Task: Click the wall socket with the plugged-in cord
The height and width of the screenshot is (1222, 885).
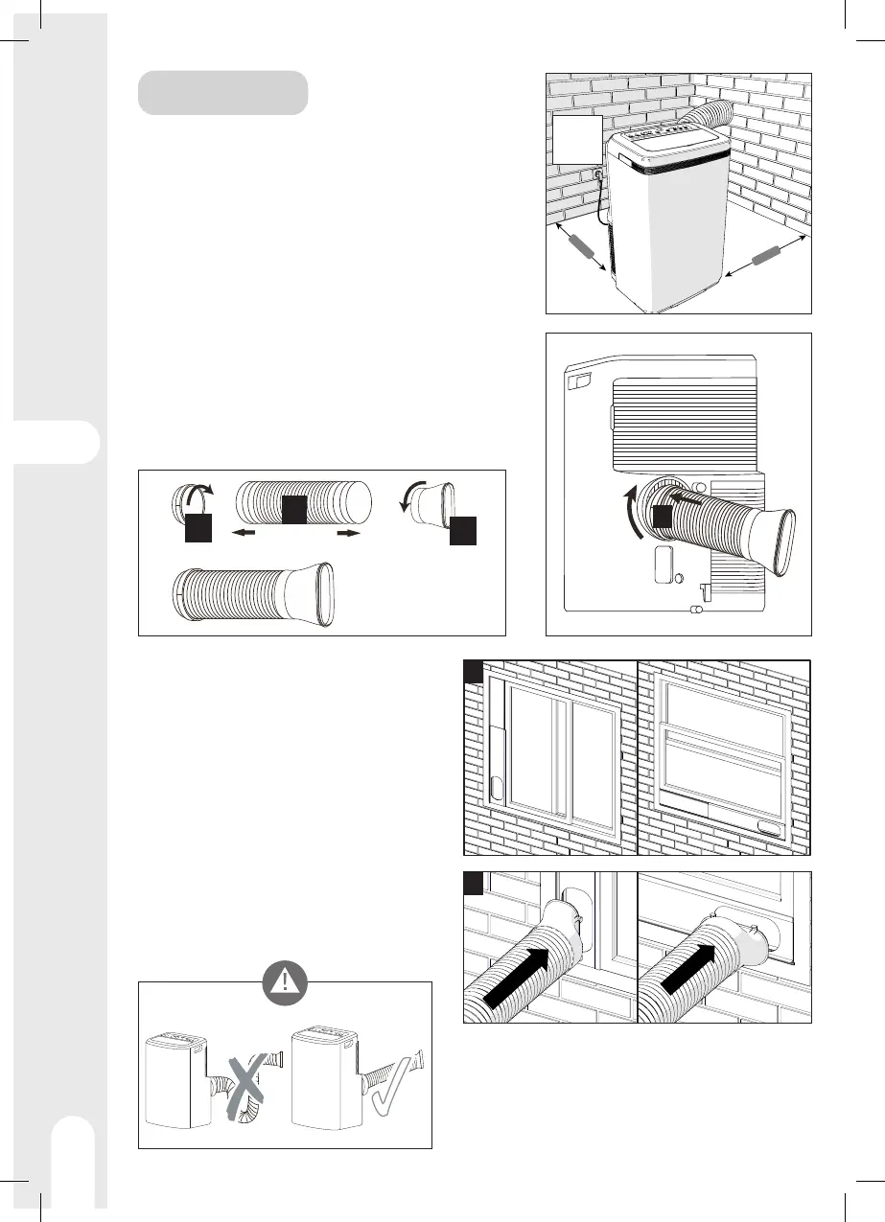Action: [596, 175]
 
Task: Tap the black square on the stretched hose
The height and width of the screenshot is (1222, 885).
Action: [293, 510]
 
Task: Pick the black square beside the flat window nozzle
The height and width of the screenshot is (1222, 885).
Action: [461, 529]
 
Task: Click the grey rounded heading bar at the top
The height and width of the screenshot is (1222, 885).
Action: [222, 92]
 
